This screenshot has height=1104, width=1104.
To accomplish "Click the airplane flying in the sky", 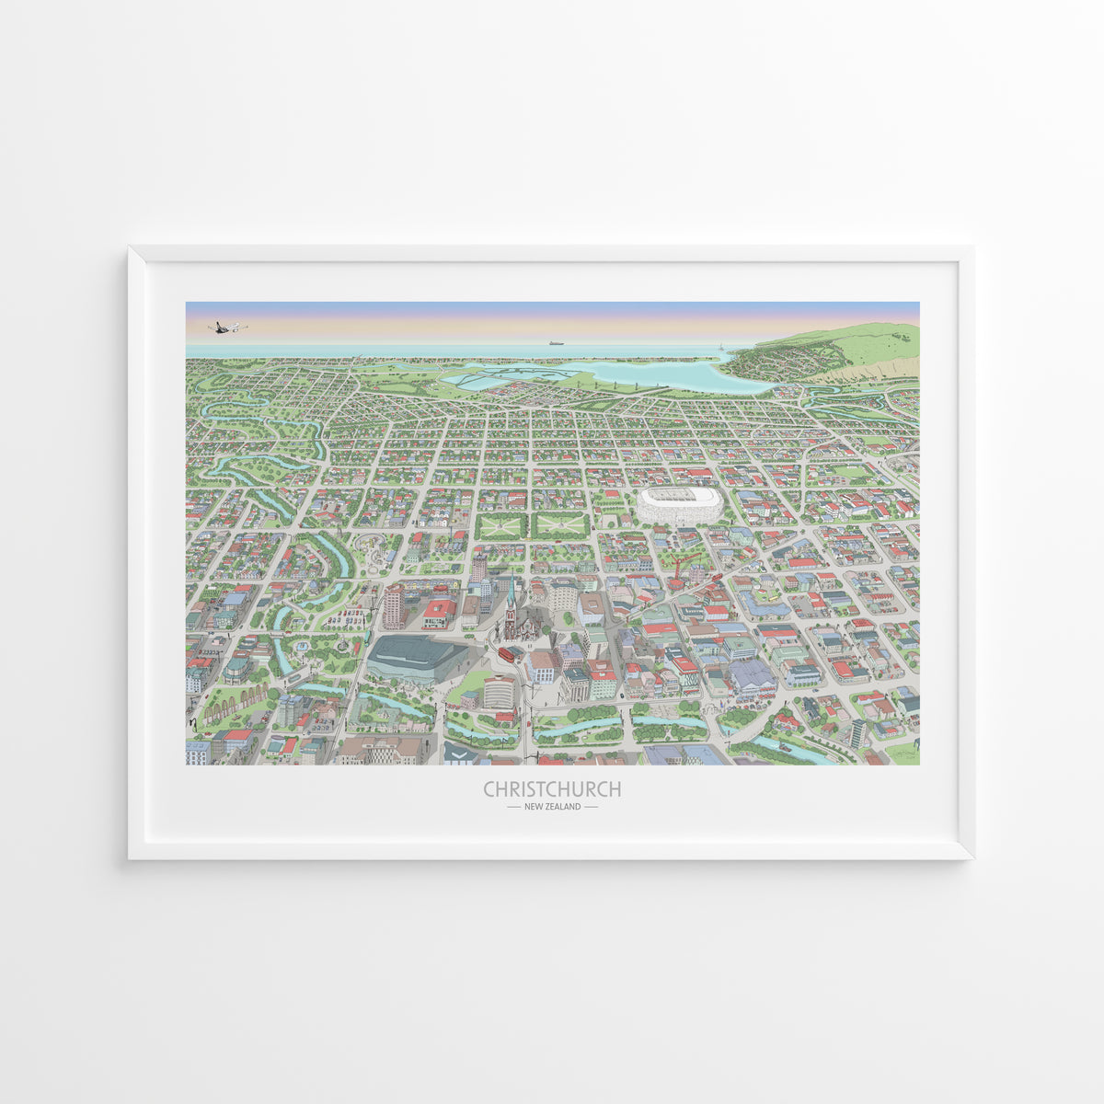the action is (227, 327).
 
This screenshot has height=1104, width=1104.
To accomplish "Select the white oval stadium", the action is (680, 505).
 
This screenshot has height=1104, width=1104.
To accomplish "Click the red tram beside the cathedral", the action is (506, 654).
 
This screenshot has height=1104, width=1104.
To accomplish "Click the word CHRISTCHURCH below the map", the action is (552, 789).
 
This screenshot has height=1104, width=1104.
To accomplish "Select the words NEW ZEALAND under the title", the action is (552, 807).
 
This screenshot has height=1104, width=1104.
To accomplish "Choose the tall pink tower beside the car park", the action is (394, 607).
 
